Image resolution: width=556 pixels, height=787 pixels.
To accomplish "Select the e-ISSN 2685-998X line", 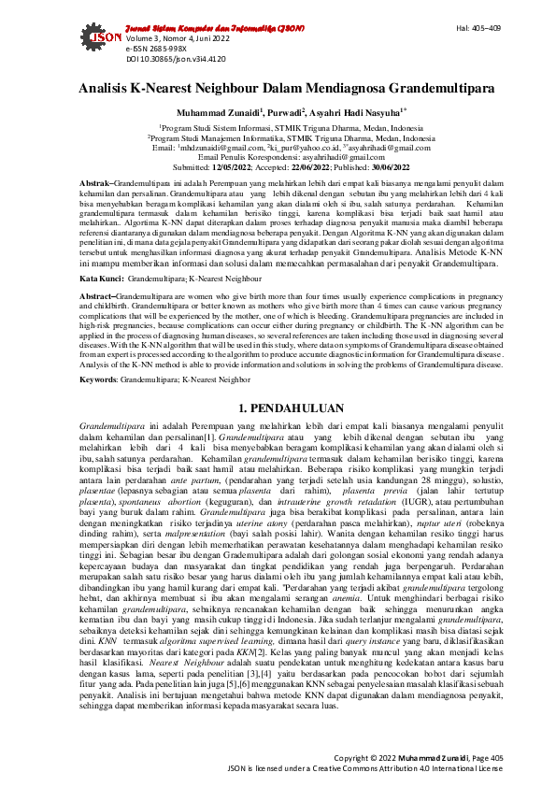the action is [151, 47].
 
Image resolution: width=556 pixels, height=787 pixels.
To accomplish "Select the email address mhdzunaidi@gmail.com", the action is [221, 148].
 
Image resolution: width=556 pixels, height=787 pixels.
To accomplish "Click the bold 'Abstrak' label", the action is [94, 182].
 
